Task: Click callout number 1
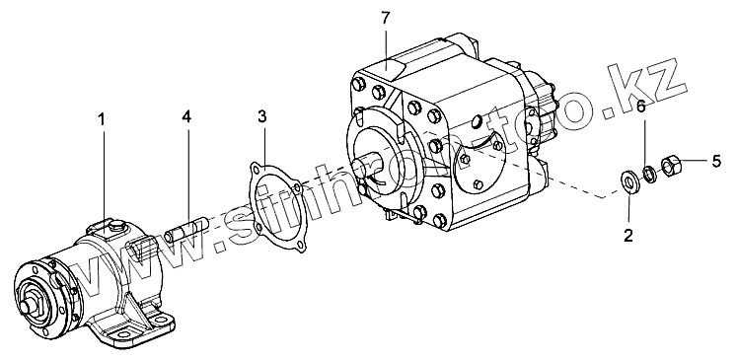click(101, 120)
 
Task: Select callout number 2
click(628, 235)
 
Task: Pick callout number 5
click(716, 161)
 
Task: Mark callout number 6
click(640, 107)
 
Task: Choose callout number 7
click(386, 18)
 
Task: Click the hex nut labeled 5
click(671, 165)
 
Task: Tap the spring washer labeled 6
click(648, 174)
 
